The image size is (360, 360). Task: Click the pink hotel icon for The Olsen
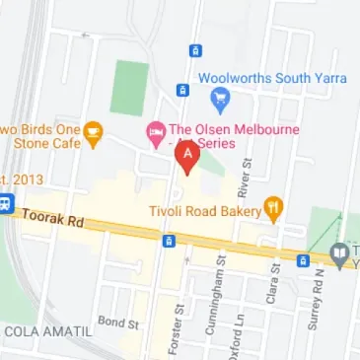tap(156, 131)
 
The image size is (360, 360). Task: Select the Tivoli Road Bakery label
tap(203, 208)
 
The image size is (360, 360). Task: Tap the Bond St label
tap(115, 323)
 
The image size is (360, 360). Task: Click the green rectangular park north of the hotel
tap(128, 88)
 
